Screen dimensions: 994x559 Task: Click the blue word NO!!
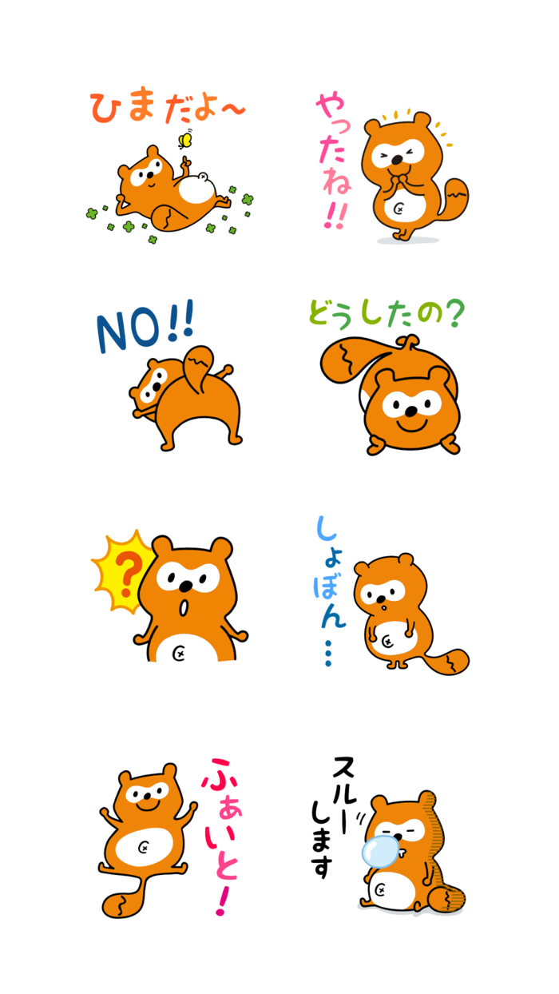144,328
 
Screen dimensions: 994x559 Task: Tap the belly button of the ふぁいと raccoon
144,848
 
